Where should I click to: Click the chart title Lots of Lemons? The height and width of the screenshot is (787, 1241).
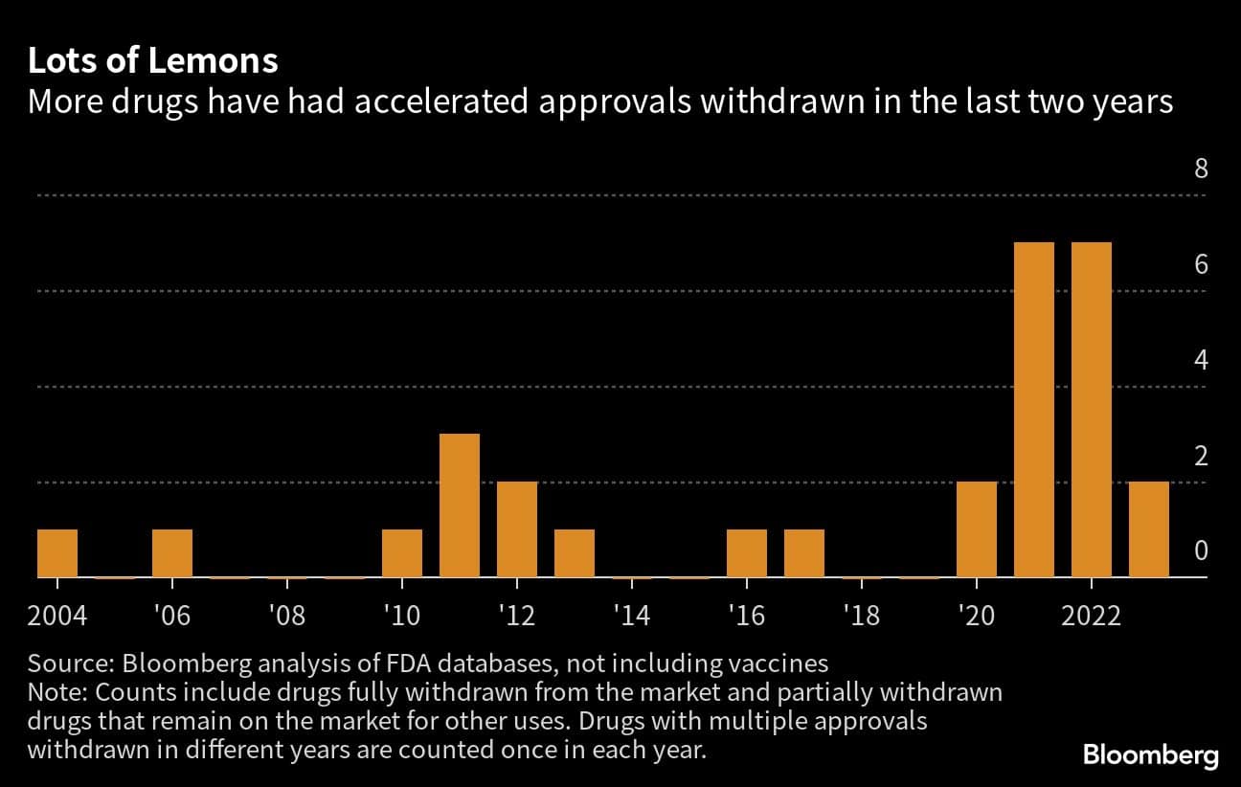(153, 61)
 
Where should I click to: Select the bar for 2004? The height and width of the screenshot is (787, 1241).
(57, 553)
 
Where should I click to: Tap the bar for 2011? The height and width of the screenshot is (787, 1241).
(460, 506)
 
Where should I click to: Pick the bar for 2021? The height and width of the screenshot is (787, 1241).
(1034, 410)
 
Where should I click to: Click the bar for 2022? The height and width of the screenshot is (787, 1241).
(1092, 410)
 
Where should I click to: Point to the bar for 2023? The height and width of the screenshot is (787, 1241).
(1149, 529)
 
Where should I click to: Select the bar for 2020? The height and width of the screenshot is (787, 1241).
(977, 529)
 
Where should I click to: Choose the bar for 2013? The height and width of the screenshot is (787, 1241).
(575, 553)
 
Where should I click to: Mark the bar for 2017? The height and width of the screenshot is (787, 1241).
(804, 553)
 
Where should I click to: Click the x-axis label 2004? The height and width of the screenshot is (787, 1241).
(57, 614)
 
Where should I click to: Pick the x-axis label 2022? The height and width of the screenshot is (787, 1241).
(1092, 614)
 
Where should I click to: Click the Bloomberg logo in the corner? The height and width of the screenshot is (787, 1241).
(1151, 754)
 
